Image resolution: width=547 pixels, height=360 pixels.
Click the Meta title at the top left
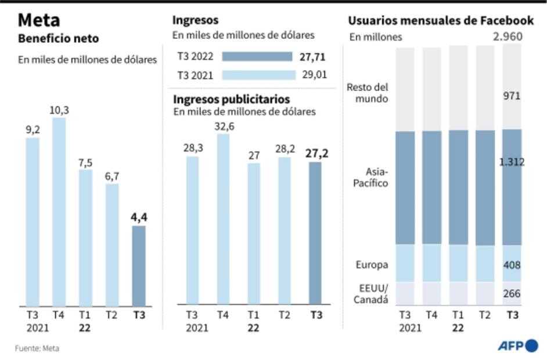click(x=38, y=20)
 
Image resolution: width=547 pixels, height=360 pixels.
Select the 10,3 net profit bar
click(x=59, y=212)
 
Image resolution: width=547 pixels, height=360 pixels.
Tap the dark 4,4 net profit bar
click(x=139, y=265)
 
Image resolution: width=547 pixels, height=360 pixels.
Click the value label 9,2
click(x=33, y=130)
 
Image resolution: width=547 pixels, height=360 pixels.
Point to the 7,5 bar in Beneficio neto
click(x=85, y=237)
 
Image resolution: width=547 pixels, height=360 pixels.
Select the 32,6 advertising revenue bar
click(x=223, y=219)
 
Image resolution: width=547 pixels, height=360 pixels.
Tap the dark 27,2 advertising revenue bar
click(x=315, y=233)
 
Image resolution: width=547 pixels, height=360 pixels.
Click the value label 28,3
click(x=192, y=149)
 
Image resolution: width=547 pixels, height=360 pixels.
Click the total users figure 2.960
click(x=507, y=37)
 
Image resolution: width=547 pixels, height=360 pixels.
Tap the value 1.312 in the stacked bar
click(x=512, y=163)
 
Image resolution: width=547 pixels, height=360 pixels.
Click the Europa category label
click(x=372, y=265)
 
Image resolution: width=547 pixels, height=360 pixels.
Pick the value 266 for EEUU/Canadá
click(x=512, y=294)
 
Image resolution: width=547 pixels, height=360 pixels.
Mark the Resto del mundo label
click(x=367, y=93)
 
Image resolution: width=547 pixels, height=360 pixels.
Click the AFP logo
click(x=517, y=345)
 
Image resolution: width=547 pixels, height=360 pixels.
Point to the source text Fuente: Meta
click(x=37, y=348)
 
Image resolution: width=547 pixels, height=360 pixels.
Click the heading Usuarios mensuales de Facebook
click(x=441, y=21)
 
